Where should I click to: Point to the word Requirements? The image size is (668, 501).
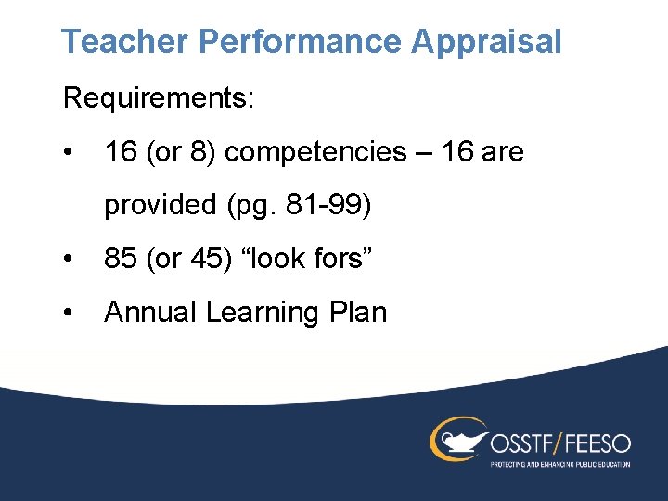coord(158,97)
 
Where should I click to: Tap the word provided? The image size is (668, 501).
coord(159,205)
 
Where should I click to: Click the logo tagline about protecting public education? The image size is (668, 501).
coord(559,463)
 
